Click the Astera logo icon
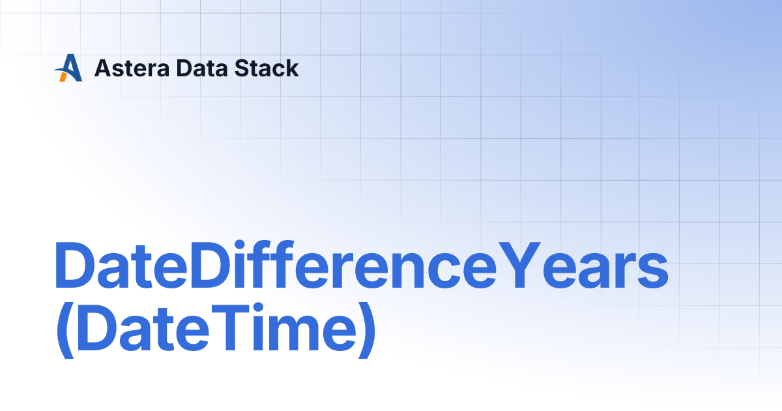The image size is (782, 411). pos(68,68)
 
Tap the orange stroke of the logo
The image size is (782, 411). pos(63,76)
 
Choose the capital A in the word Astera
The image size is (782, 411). pos(103,68)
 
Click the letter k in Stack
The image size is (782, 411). pos(293,68)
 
